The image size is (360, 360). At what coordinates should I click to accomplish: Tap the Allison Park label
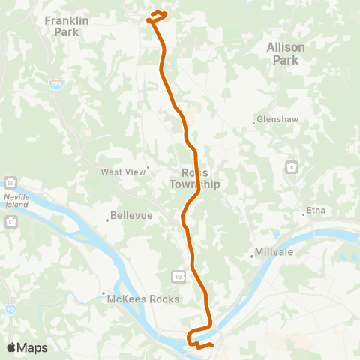click(x=286, y=52)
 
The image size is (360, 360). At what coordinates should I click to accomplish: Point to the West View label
click(x=124, y=172)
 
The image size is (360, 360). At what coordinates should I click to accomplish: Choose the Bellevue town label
click(x=131, y=215)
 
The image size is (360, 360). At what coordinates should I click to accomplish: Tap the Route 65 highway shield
click(x=10, y=182)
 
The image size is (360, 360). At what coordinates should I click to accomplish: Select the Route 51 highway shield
click(x=10, y=223)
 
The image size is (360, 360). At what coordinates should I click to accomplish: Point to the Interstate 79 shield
click(x=9, y=286)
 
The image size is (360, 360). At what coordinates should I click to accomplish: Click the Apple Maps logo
click(x=27, y=347)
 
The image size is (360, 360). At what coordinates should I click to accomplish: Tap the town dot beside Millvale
click(x=252, y=256)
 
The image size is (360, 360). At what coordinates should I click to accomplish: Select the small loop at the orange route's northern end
click(x=157, y=14)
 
